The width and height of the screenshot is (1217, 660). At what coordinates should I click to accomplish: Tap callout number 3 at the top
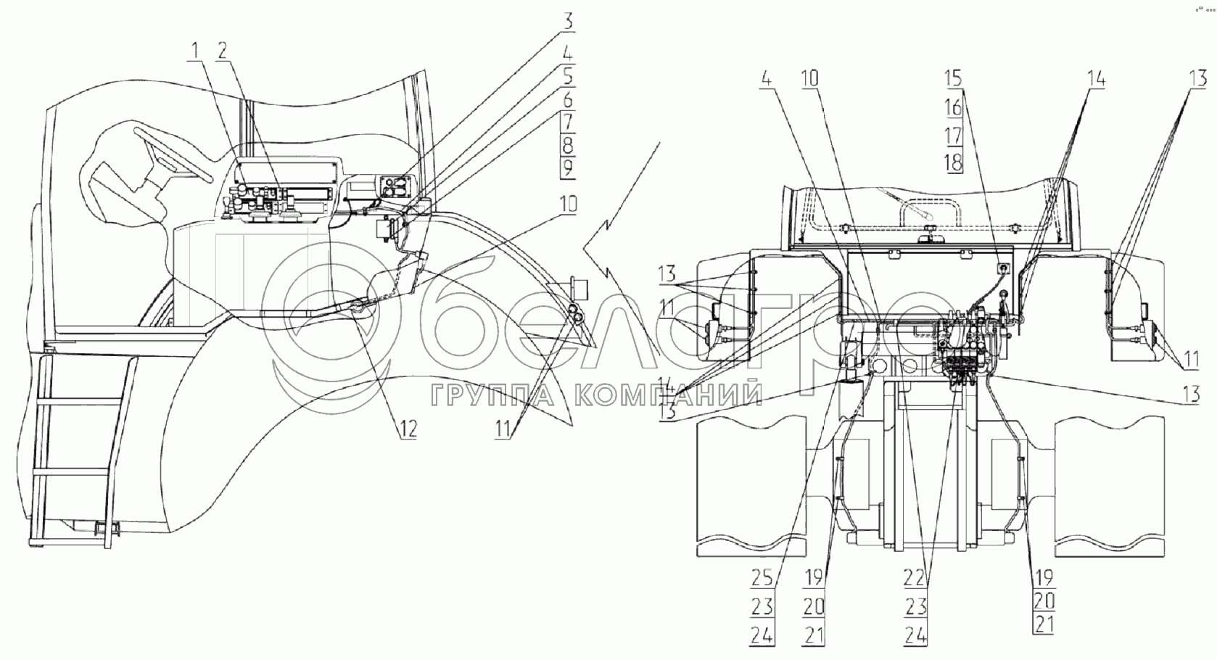tap(567, 21)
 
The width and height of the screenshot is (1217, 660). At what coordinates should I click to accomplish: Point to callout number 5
tap(567, 75)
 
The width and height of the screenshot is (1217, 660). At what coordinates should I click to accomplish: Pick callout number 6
tap(567, 99)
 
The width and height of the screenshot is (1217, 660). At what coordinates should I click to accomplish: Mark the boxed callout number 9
tap(567, 168)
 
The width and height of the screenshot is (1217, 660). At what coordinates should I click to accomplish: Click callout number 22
tap(915, 578)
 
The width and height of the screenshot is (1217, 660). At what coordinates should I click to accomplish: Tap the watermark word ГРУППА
tap(494, 396)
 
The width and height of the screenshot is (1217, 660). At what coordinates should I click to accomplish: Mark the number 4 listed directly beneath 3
tap(567, 52)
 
